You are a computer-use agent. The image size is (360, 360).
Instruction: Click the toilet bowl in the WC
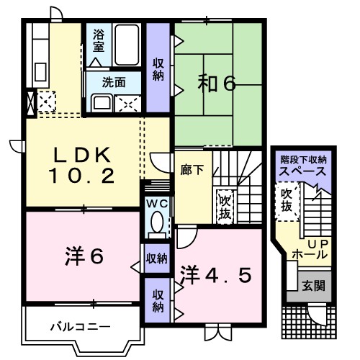pos(156,226)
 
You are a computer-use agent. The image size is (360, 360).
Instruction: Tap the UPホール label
pos(310,250)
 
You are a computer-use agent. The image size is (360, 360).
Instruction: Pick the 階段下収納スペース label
pos(303,167)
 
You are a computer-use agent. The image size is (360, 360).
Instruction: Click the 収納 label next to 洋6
pos(156,257)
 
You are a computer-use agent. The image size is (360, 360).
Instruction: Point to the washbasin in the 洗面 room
pos(99,102)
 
